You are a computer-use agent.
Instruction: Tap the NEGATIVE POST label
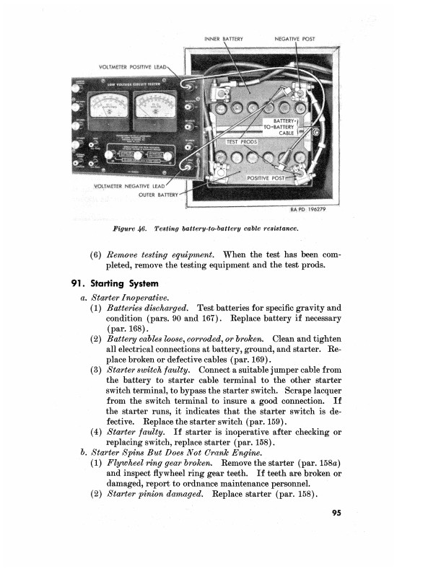[295, 38]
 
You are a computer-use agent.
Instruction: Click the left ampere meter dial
[106, 110]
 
